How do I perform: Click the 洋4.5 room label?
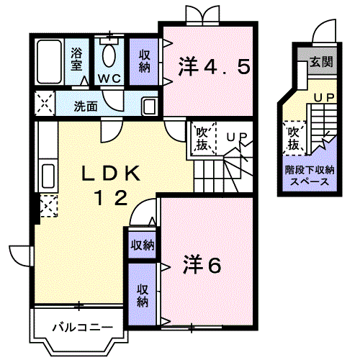tap(215, 66)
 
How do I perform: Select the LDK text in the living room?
tap(111, 173)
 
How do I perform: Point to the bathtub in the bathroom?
tap(49, 62)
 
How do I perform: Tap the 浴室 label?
tap(76, 59)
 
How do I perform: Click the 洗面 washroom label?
tap(86, 106)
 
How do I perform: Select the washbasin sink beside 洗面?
tap(150, 106)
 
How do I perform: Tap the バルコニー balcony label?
tap(83, 327)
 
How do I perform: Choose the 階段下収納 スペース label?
tap(310, 176)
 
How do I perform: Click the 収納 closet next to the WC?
tap(144, 61)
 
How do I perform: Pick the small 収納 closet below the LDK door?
tap(143, 246)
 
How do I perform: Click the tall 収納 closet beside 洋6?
tap(143, 294)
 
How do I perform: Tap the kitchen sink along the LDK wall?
tap(48, 176)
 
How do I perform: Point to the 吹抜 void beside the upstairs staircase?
tap(202, 139)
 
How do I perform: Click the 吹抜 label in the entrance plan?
tap(294, 138)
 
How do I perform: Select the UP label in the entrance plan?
tap(324, 97)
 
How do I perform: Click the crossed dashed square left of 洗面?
tap(45, 104)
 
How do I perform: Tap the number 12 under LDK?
tap(111, 198)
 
